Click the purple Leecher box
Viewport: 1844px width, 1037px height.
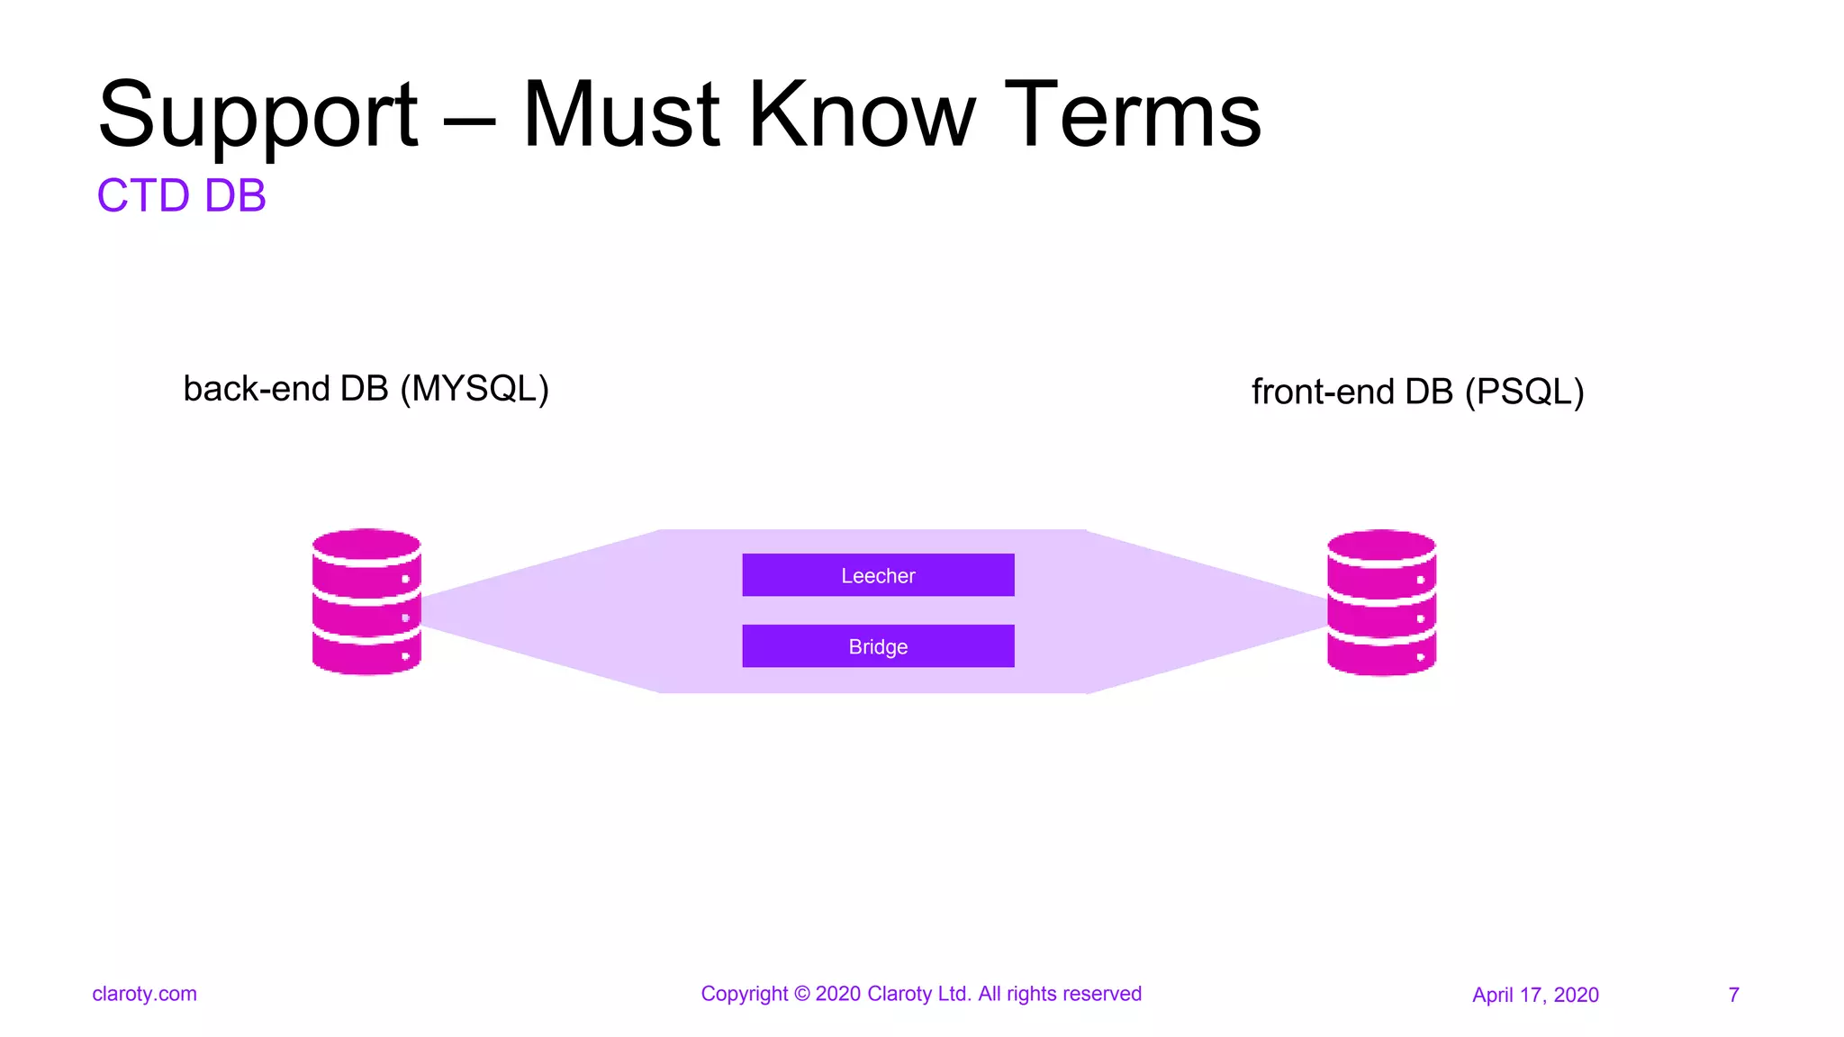[x=878, y=575]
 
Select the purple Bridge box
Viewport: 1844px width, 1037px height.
[x=878, y=646]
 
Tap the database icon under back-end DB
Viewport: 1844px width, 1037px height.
[x=366, y=601]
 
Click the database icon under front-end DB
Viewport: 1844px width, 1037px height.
[x=1381, y=602]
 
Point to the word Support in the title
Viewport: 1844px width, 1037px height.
[x=258, y=115]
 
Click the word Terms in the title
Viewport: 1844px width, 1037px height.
[x=1132, y=115]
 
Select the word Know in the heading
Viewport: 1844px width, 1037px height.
[x=862, y=115]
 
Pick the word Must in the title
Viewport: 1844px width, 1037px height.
[x=621, y=115]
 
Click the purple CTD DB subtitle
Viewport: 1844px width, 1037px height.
[x=182, y=195]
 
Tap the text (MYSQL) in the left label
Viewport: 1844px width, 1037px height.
[x=475, y=389]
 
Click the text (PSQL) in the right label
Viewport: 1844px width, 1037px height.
[x=1523, y=392]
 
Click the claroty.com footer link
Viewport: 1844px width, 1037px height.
[x=144, y=994]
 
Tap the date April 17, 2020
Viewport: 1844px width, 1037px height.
[x=1535, y=995]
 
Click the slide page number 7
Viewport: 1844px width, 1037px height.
[x=1733, y=995]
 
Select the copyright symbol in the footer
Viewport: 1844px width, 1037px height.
[x=801, y=994]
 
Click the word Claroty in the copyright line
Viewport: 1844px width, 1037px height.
[x=899, y=994]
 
